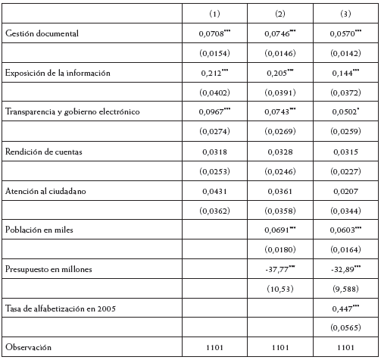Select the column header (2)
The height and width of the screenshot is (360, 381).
pos(280,14)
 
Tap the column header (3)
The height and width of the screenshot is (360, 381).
pos(345,14)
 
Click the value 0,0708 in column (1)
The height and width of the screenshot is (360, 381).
pos(213,34)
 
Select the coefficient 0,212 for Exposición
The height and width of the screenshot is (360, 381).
pos(213,73)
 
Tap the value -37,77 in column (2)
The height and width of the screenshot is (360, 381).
pos(279,268)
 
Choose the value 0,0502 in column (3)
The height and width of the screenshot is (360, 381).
pos(343,112)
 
